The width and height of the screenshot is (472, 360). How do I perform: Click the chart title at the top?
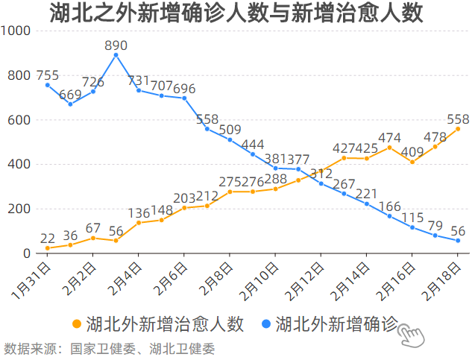click(236, 13)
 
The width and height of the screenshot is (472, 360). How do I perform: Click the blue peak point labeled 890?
click(116, 55)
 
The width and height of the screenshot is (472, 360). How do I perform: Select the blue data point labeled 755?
click(48, 85)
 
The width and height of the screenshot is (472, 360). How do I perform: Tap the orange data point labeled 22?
click(48, 248)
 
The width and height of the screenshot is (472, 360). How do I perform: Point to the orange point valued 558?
click(458, 129)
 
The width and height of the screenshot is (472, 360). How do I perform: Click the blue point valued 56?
click(458, 241)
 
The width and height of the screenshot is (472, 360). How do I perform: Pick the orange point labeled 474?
click(389, 148)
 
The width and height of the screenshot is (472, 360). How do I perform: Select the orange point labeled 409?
click(412, 162)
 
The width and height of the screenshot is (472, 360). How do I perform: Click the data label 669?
click(70, 95)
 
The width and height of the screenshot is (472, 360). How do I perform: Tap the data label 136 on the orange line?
click(139, 213)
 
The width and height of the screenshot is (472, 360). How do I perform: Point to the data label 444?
click(253, 145)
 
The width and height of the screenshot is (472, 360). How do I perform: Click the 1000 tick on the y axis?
click(15, 31)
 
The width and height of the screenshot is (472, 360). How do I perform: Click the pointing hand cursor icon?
click(411, 335)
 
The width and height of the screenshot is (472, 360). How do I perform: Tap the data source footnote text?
click(109, 348)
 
